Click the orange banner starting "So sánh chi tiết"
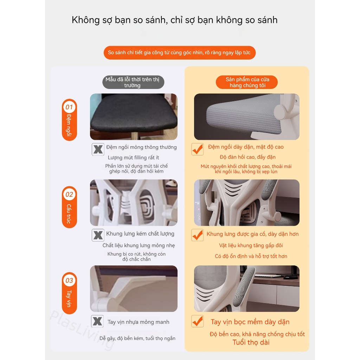click(x=179, y=52)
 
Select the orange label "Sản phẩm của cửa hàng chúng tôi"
click(x=247, y=82)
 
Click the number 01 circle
click(x=69, y=107)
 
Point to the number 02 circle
click(x=69, y=194)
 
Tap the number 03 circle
click(x=69, y=280)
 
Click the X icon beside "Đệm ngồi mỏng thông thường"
click(x=98, y=149)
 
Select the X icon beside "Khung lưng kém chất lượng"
click(x=98, y=235)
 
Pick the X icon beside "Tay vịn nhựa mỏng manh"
click(x=97, y=321)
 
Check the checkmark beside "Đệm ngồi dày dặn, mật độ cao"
click(x=198, y=149)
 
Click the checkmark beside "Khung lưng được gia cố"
click(x=198, y=235)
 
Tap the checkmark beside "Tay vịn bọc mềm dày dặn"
click(x=198, y=321)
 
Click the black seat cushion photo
click(x=134, y=117)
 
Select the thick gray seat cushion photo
click(x=246, y=117)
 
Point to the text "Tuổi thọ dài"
click(x=251, y=342)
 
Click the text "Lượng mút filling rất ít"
click(x=133, y=157)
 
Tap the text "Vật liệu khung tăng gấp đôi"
click(x=251, y=245)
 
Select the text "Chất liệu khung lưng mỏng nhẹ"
click(x=139, y=245)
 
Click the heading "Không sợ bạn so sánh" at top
click(x=174, y=20)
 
